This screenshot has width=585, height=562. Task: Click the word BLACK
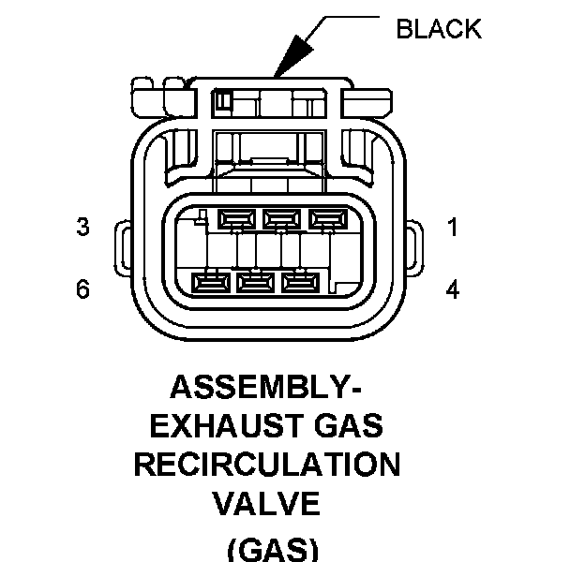439,29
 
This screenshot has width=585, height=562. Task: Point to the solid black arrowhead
294,56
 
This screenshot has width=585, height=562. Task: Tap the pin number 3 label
82,227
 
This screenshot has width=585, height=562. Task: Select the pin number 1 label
453,228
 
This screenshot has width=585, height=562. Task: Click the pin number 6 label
82,288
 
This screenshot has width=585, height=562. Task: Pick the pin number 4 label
453,289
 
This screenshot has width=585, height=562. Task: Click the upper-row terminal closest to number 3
236,219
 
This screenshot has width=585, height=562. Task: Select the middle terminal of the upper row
281,219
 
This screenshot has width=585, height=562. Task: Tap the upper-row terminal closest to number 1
328,219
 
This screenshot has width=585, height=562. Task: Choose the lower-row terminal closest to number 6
211,283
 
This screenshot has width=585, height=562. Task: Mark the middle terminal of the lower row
256,283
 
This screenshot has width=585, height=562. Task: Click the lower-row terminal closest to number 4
301,283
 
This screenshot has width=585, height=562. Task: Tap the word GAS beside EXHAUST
349,425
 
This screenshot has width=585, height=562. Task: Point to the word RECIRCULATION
267,465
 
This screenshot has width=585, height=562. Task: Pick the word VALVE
266,503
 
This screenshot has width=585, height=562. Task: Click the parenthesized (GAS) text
273,550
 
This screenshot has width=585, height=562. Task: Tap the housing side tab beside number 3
123,248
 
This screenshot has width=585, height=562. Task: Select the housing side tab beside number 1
414,248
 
